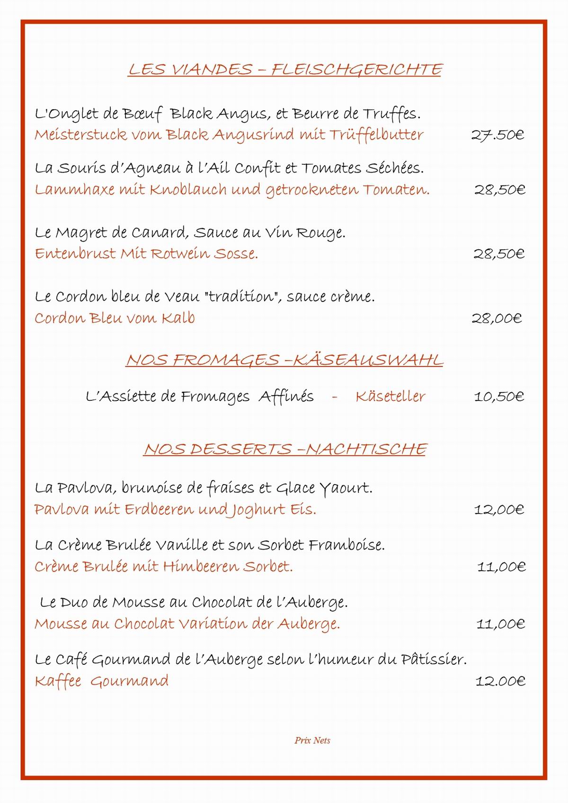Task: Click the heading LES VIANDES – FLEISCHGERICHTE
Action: click(285, 70)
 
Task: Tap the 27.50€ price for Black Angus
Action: click(497, 135)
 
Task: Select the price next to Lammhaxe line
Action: click(500, 190)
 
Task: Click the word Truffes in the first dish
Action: click(391, 114)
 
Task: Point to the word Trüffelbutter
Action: click(376, 135)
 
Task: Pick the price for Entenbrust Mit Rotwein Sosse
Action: click(499, 254)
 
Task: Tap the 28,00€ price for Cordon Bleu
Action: click(497, 318)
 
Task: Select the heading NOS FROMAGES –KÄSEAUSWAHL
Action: click(284, 360)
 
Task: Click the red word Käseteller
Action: click(390, 397)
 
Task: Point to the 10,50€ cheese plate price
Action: click(499, 397)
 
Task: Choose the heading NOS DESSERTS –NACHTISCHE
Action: click(285, 449)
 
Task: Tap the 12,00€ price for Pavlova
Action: click(499, 510)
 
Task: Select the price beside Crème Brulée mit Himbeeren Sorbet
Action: click(501, 567)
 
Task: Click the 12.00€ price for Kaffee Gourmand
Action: click(500, 681)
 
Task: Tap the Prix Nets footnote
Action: click(312, 741)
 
